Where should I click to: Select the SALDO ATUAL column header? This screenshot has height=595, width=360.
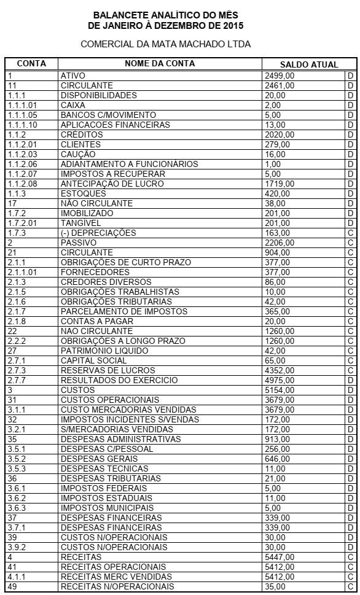click(x=309, y=64)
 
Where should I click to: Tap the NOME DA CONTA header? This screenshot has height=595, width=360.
click(x=160, y=64)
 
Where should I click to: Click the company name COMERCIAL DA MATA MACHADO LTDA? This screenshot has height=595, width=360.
click(x=166, y=45)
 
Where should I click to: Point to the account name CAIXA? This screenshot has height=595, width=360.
click(x=72, y=105)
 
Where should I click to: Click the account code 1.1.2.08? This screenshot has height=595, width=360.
click(x=22, y=184)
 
